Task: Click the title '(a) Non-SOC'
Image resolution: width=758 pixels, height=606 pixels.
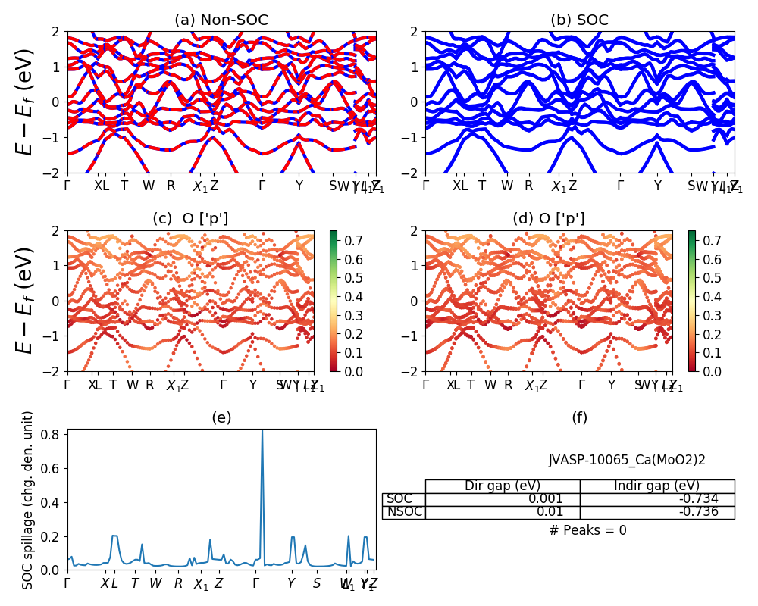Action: coord(221,20)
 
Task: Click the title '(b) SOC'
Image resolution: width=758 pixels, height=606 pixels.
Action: coord(580,20)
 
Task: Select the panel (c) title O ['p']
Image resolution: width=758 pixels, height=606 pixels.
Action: coord(190,218)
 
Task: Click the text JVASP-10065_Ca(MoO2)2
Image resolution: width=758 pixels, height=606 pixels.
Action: coord(627,459)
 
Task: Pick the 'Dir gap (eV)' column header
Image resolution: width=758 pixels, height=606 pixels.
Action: coord(502,486)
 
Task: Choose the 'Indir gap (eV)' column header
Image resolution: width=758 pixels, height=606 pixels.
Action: coord(656,486)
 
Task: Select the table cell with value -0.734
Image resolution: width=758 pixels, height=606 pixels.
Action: coord(713,498)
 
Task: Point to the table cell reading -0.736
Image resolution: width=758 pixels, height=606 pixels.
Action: coord(713,512)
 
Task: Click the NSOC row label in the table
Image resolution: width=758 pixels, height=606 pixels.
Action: coord(404,512)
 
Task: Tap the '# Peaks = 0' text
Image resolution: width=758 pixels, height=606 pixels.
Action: coord(587,530)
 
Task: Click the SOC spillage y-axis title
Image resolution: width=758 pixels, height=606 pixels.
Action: coord(28,500)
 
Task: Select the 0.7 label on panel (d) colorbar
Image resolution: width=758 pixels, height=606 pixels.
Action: coord(710,241)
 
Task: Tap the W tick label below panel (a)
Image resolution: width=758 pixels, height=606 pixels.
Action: coord(149,186)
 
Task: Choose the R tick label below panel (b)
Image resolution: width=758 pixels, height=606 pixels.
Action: coord(529,186)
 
